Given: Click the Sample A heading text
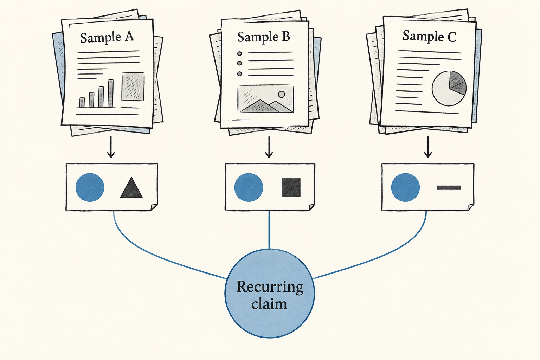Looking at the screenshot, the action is (x=107, y=37).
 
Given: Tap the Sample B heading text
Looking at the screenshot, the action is (x=263, y=37).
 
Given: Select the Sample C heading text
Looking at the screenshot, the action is (x=429, y=36).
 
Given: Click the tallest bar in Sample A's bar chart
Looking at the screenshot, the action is (x=111, y=94).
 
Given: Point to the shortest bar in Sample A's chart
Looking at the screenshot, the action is (x=82, y=102).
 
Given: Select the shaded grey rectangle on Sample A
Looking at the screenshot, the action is (x=133, y=86).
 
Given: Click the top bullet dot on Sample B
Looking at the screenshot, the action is (x=239, y=53).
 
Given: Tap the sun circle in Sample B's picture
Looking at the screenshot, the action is (x=281, y=94).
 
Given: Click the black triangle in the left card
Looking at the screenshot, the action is (x=131, y=188).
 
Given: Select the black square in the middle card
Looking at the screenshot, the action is (x=291, y=188).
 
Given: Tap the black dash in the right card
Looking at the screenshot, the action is (x=449, y=188).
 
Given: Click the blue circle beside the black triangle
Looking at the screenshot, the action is (x=90, y=187).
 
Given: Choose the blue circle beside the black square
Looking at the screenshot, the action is (x=249, y=187).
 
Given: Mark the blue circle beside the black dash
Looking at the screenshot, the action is (x=405, y=187).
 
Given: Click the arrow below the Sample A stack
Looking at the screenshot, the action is (x=111, y=147).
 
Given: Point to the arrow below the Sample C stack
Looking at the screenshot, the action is (x=428, y=147).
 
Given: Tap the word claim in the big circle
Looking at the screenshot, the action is (x=269, y=304).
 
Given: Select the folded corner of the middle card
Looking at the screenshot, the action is (x=312, y=207).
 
